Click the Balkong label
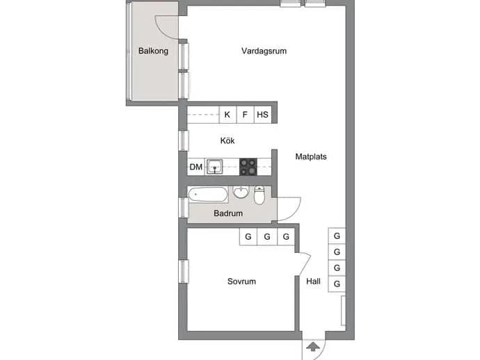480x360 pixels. [x=153, y=51]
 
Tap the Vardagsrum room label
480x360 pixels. [x=264, y=51]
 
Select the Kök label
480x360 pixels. [x=227, y=140]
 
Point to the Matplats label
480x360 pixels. [x=311, y=156]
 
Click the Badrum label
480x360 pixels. [x=228, y=213]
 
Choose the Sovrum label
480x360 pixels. [x=241, y=281]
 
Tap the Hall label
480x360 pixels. [x=314, y=281]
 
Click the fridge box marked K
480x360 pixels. [x=227, y=115]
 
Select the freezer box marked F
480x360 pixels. [x=245, y=115]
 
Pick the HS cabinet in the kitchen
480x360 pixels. [x=263, y=115]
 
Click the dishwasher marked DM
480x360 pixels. [x=196, y=167]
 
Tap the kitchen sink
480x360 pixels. [x=214, y=167]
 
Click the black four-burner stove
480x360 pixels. [x=248, y=167]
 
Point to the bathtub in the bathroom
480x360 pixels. [x=208, y=195]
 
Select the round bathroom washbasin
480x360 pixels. [x=241, y=192]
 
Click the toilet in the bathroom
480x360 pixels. [x=259, y=195]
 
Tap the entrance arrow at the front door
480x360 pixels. [x=312, y=347]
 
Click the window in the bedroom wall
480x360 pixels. [x=184, y=271]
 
